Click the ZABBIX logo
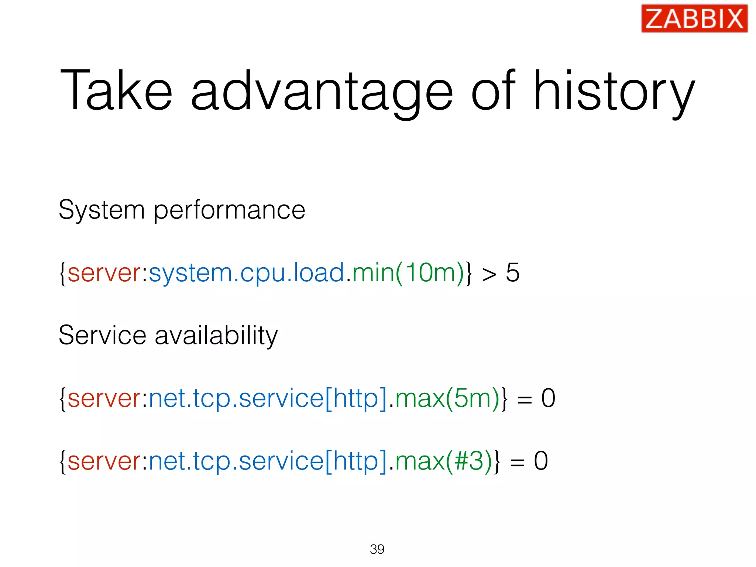[694, 18]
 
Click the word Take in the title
[116, 90]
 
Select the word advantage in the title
[321, 92]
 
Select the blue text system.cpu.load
[246, 274]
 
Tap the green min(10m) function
[408, 273]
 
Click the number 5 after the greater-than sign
[512, 273]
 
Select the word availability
[216, 336]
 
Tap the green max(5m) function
[447, 398]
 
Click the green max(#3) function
[443, 461]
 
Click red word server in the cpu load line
[104, 274]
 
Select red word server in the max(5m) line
[104, 399]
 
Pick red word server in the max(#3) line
[104, 462]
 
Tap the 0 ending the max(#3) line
[541, 461]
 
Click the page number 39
[377, 549]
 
